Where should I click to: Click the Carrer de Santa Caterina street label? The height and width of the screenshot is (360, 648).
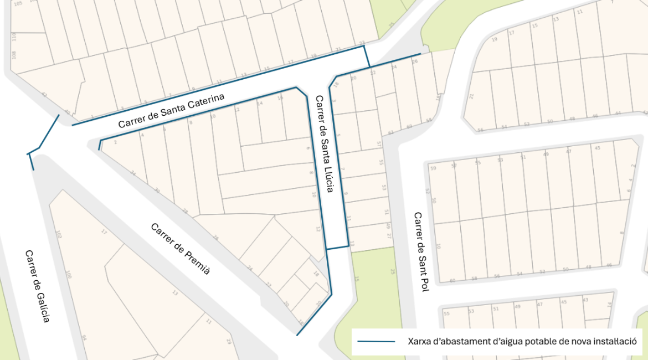(x=172, y=111)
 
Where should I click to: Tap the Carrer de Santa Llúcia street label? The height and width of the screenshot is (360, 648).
(x=323, y=144)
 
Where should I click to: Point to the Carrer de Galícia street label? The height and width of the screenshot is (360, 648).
(x=38, y=286)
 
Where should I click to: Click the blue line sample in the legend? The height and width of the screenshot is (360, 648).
(x=376, y=341)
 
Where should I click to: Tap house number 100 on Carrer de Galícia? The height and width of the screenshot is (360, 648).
(x=68, y=275)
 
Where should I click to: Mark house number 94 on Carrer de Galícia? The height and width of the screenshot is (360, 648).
(x=84, y=338)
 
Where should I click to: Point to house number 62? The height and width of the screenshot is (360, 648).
(x=390, y=133)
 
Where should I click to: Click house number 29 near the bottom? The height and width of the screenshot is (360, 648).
(x=228, y=342)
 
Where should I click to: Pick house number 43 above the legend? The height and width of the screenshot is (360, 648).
(x=585, y=300)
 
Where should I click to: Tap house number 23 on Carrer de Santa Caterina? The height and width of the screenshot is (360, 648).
(x=362, y=43)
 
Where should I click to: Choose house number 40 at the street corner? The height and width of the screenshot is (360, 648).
(x=67, y=112)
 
